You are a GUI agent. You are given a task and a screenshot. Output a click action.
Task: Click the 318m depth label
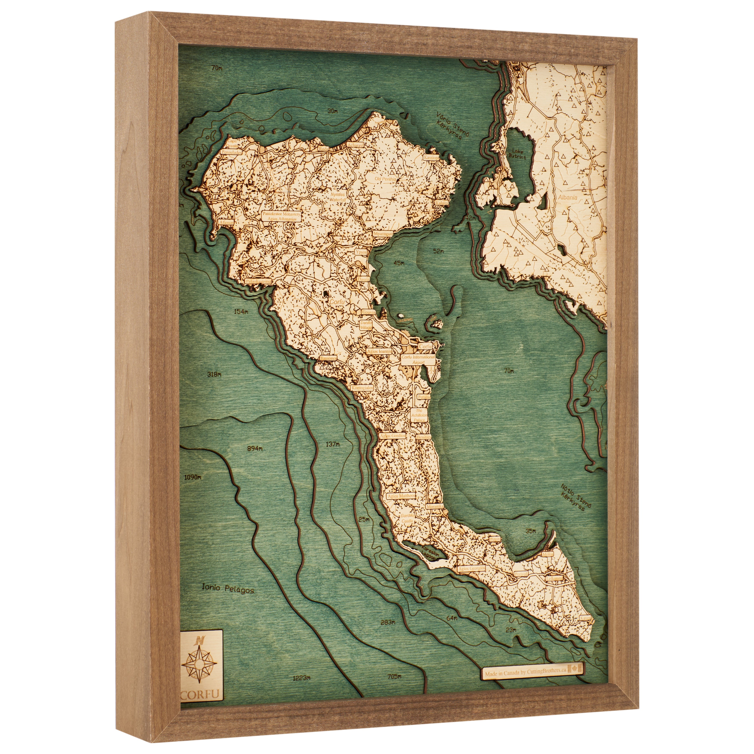click(x=214, y=375)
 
